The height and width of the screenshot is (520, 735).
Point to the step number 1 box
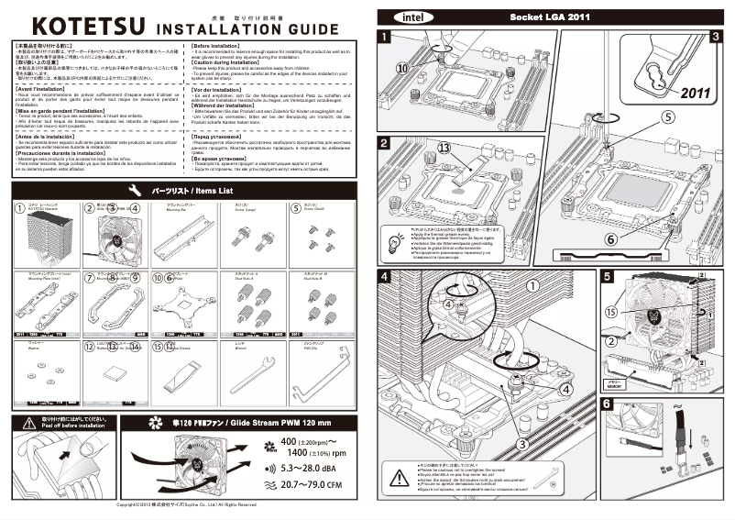pyautogui.click(x=384, y=37)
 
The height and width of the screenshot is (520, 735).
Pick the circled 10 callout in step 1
pyautogui.click(x=401, y=68)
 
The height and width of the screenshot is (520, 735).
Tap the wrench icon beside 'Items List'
pyautogui.click(x=135, y=190)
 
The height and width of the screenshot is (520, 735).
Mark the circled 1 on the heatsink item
pyautogui.click(x=21, y=208)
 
